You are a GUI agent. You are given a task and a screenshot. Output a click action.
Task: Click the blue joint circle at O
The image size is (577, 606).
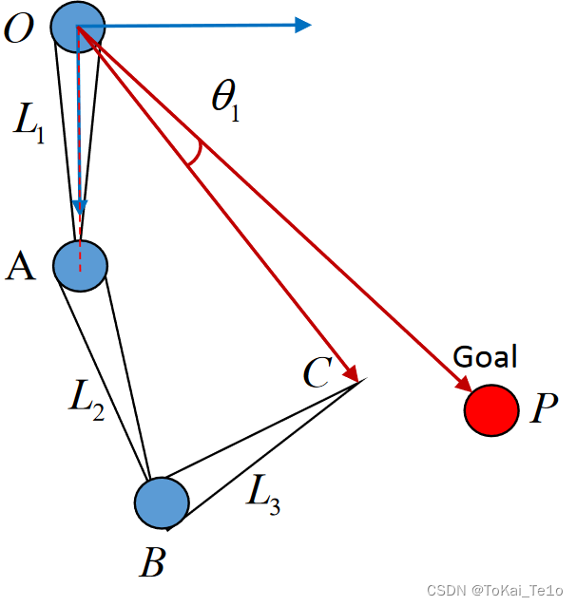point(76,26)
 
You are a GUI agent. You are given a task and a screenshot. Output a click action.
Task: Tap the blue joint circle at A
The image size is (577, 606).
point(81,263)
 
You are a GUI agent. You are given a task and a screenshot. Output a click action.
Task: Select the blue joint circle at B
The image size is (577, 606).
point(162,503)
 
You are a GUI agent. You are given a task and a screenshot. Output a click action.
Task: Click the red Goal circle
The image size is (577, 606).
point(491,410)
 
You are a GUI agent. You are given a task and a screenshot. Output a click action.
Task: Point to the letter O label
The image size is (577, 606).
point(19,29)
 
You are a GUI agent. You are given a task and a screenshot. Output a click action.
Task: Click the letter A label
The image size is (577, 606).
point(20,267)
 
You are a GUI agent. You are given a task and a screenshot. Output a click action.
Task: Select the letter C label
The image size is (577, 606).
point(317,373)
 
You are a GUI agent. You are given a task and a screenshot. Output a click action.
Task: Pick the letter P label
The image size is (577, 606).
point(544,409)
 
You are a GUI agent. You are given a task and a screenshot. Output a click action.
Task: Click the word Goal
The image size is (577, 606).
point(485,357)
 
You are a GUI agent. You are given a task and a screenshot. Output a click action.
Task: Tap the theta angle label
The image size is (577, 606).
point(225,99)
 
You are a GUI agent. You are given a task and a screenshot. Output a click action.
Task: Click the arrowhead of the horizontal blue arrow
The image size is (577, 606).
point(303,25)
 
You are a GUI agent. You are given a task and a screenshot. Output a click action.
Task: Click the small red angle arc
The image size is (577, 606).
point(194,153)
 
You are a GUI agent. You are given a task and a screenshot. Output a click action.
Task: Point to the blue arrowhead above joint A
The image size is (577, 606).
point(81,208)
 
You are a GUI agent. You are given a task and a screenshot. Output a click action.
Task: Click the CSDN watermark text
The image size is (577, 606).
point(495,589)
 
